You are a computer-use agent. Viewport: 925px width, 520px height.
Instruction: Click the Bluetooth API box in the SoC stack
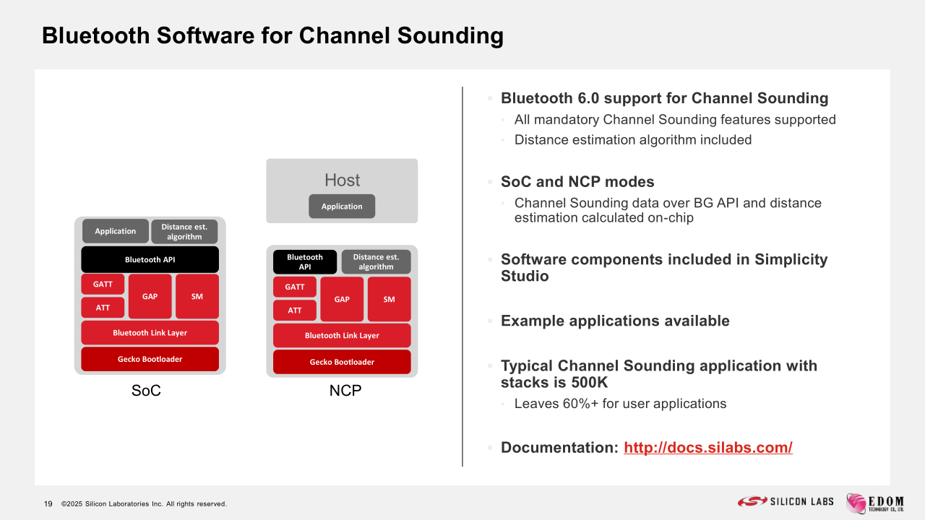pos(150,259)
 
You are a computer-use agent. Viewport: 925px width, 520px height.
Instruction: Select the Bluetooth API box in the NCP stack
pos(305,261)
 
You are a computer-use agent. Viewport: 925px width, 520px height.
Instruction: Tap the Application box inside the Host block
pos(342,207)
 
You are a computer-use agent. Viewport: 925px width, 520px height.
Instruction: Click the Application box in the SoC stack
pos(115,231)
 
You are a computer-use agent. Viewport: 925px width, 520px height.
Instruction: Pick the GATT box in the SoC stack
pos(103,285)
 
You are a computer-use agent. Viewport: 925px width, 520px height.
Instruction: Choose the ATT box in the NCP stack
pos(295,311)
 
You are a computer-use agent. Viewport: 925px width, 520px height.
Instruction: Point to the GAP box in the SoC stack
pos(150,296)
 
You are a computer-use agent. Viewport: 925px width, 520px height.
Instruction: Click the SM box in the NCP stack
pos(389,299)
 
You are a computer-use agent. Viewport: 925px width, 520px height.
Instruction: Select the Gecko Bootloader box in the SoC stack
pos(150,359)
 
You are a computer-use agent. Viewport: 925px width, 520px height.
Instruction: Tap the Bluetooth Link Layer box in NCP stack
pos(342,336)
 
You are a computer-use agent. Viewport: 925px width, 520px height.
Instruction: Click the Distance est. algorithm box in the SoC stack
pos(184,232)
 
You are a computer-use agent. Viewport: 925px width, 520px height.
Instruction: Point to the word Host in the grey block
pos(342,180)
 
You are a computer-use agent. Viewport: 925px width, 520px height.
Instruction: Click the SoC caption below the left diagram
pos(146,391)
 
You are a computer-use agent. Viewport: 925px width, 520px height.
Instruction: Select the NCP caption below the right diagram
pos(345,391)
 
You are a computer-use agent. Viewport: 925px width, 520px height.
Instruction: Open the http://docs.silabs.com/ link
pos(707,448)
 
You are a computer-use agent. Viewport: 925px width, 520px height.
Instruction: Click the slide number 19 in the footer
pos(48,504)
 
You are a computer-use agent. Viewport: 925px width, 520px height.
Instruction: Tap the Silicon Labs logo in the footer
pos(786,501)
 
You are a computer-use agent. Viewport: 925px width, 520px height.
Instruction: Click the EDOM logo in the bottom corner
pos(874,503)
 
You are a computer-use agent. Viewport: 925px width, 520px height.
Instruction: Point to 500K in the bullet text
pos(589,383)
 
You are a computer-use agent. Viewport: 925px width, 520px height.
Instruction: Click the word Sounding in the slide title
pos(450,36)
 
